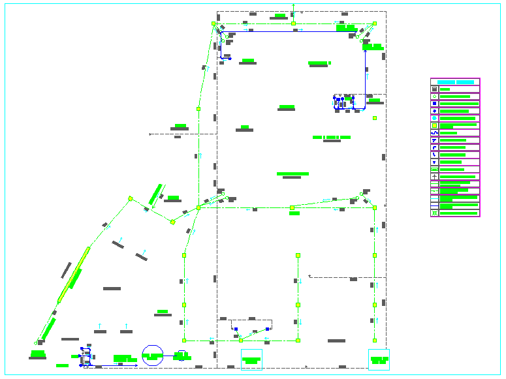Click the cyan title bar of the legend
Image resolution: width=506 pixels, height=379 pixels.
coord(455,82)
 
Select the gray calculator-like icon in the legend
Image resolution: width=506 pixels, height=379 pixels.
coord(434,89)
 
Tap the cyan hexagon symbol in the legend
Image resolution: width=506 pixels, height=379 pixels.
coord(434,118)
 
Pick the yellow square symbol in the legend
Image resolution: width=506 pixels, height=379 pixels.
coord(434,126)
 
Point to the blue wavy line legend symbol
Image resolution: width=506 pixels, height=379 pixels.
coord(434,133)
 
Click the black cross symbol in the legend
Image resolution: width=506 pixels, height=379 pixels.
coord(434,177)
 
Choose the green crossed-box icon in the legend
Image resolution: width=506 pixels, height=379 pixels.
coord(434,213)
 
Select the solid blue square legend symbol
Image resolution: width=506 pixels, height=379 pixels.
coord(434,104)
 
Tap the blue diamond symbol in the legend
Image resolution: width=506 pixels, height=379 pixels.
coord(434,111)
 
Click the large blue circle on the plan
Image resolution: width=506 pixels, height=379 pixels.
coord(152,356)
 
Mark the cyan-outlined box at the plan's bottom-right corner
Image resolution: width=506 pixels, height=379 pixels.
coord(379,359)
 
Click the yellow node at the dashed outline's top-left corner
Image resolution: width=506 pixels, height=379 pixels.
coord(213,23)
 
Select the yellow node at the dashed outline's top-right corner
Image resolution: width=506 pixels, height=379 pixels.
coord(375,23)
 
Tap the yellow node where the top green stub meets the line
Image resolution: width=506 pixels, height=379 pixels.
coord(293,23)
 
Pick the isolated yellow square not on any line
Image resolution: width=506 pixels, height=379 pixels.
coord(375,118)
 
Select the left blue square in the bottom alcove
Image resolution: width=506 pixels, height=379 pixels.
coord(236,329)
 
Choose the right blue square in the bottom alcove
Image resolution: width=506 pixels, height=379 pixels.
coord(268,329)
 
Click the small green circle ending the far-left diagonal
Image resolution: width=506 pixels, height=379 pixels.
coord(35,343)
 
